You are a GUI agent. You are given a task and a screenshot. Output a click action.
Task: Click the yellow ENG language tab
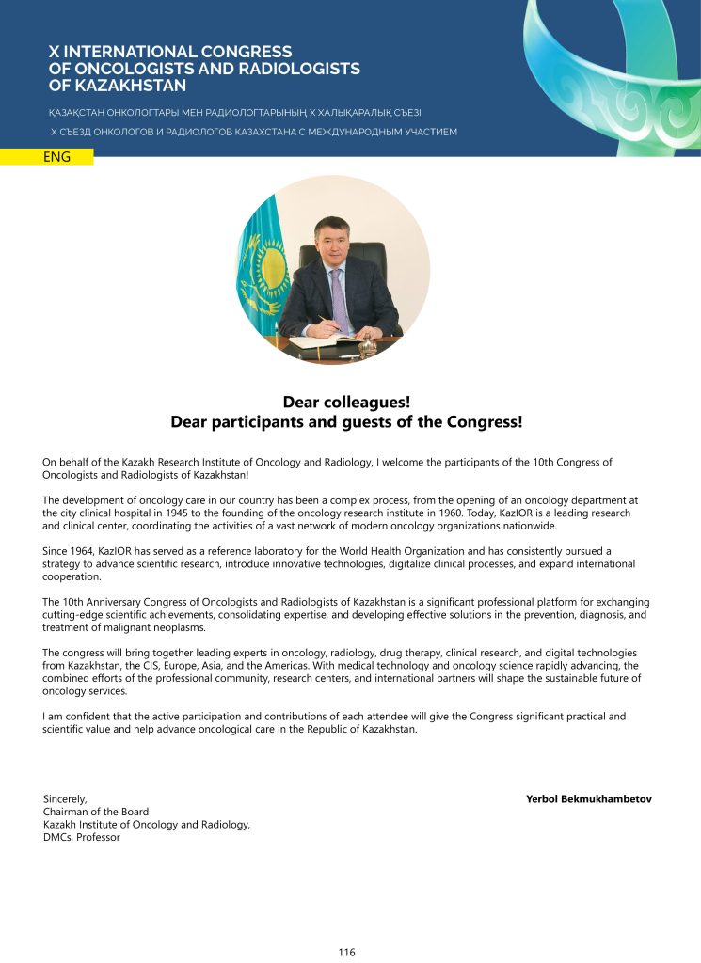click(x=57, y=157)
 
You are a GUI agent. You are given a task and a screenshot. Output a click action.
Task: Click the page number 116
click(x=347, y=952)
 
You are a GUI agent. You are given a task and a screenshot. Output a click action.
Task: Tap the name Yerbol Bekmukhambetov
click(x=589, y=799)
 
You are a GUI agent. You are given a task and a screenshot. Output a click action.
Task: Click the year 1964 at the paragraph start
click(x=85, y=551)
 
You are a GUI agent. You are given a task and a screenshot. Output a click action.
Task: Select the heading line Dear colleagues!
click(x=346, y=403)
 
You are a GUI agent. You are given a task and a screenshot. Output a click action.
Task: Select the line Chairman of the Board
click(x=95, y=812)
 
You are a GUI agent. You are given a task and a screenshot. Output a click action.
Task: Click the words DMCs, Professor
click(x=81, y=837)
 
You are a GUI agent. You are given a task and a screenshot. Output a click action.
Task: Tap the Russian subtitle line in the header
click(x=254, y=133)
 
